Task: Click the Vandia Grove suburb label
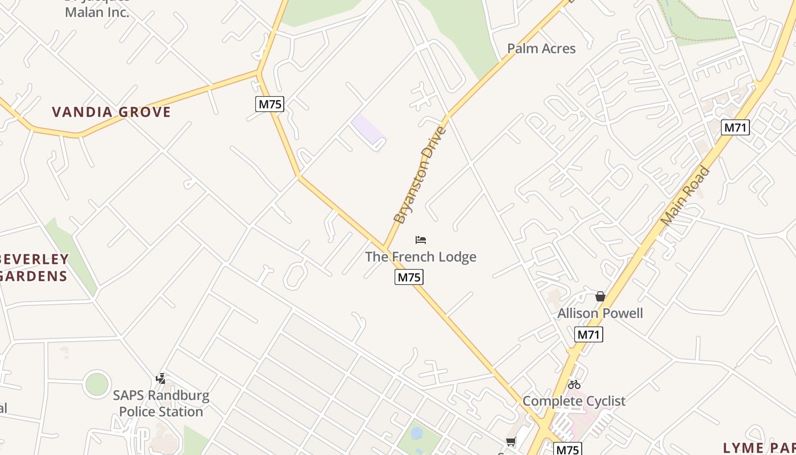111,112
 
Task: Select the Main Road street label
686,195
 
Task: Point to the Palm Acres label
541,49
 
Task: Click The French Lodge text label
421,257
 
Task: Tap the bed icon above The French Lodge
421,240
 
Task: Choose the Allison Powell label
600,313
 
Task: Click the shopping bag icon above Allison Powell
600,296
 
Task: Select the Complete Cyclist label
574,401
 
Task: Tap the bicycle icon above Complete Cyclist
574,384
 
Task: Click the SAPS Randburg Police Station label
161,403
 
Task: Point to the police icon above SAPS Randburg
161,378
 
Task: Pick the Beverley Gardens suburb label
34,268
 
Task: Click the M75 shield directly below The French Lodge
409,278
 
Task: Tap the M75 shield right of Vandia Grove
270,104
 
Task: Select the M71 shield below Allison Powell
588,334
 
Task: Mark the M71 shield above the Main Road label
735,127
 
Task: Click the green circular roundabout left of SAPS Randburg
97,384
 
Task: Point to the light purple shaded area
368,130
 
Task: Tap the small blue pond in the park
417,433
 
